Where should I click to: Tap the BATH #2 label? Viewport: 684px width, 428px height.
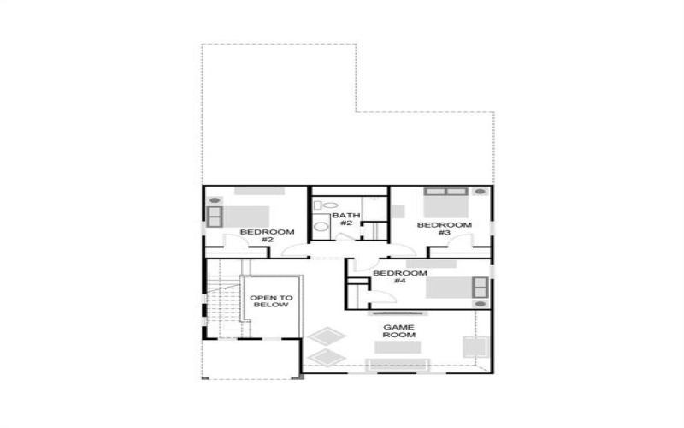(345, 219)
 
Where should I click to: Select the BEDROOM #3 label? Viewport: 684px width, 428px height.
(444, 229)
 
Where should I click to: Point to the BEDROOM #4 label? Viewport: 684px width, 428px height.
(399, 277)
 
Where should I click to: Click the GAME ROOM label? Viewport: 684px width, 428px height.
(398, 330)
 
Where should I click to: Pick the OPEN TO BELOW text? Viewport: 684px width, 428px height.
(271, 302)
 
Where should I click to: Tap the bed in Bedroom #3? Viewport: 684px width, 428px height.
(445, 205)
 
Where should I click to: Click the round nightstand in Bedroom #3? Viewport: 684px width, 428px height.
(480, 192)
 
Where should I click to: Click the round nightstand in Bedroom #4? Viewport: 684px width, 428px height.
(480, 304)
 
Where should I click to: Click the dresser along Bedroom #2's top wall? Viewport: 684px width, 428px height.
(259, 190)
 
